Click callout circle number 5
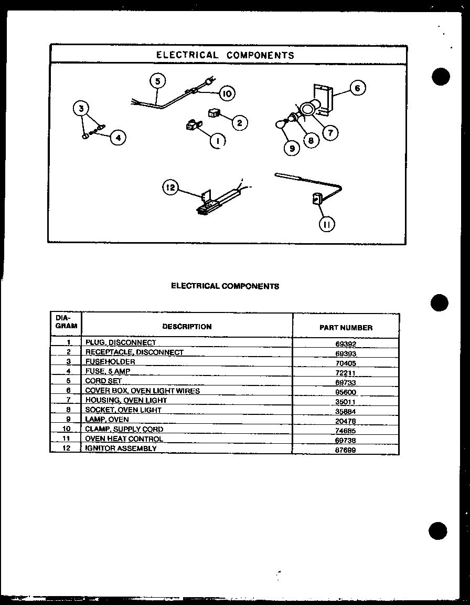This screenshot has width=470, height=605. click(x=157, y=81)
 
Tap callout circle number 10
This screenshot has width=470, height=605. click(x=227, y=94)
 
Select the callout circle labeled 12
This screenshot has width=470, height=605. click(x=171, y=187)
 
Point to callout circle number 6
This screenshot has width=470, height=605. click(x=357, y=88)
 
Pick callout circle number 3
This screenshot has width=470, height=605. click(x=81, y=109)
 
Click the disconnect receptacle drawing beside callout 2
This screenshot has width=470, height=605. click(x=213, y=113)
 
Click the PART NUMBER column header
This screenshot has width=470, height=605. click(x=346, y=327)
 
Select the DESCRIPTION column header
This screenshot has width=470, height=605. click(x=187, y=327)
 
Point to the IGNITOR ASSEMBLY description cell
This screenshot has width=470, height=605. click(x=121, y=448)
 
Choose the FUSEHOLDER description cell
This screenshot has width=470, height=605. click(x=110, y=362)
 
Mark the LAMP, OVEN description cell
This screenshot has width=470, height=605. click(x=107, y=420)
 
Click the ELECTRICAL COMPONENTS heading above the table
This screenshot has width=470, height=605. click(x=225, y=286)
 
